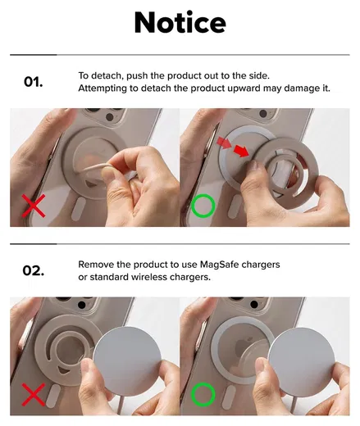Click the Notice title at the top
[x=180, y=23]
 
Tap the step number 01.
[x=34, y=82]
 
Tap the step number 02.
[x=34, y=270]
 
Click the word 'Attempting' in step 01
[x=103, y=88]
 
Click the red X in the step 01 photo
[x=34, y=205]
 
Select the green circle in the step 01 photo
[x=203, y=206]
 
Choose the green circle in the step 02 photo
[x=203, y=396]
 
